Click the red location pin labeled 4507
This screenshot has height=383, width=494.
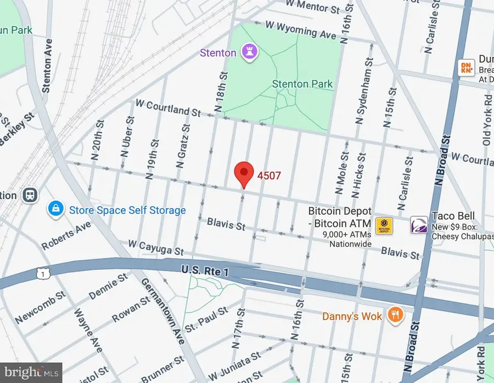click(x=244, y=174)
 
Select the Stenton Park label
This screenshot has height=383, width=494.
click(x=302, y=84)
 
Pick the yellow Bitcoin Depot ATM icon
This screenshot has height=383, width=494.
click(x=383, y=225)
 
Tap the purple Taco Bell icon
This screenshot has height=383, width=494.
click(x=419, y=225)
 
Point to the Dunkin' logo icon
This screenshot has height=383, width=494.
click(x=465, y=67)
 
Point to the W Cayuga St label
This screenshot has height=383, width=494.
click(x=156, y=247)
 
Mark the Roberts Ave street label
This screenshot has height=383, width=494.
click(x=66, y=235)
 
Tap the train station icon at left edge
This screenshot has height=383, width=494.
click(x=27, y=195)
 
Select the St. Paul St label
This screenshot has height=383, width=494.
click(x=206, y=319)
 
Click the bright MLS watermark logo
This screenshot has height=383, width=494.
click(x=31, y=373)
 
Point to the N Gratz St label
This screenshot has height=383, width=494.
click(x=183, y=145)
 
